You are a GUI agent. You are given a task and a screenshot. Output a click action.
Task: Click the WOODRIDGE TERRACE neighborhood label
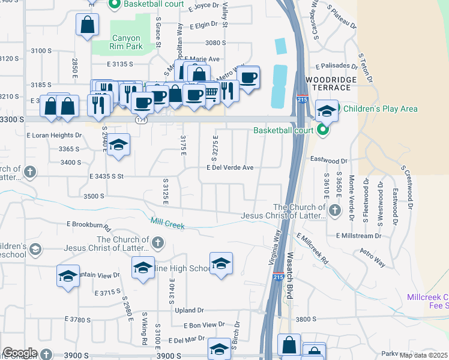[331, 83]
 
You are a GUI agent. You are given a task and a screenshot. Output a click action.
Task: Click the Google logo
[20, 353]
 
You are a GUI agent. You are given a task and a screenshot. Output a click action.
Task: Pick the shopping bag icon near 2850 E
[87, 26]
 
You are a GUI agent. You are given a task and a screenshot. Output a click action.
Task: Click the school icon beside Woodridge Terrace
[326, 111]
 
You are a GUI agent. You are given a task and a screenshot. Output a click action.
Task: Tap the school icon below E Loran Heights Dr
[119, 145]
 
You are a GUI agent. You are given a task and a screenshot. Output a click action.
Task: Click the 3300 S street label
[12, 120]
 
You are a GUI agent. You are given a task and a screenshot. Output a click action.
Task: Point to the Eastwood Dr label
[328, 161]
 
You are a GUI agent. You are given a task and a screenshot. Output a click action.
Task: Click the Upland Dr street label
[189, 310]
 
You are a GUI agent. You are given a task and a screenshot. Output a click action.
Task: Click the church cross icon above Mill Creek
[157, 242]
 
